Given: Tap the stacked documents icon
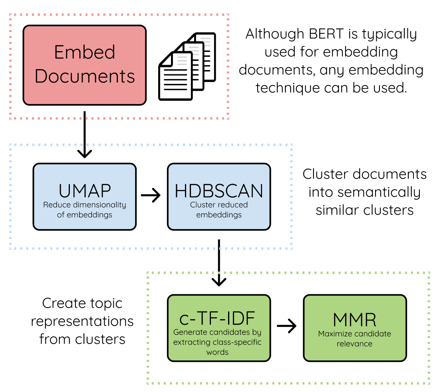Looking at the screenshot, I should [188, 66].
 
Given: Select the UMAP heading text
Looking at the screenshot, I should [84, 191].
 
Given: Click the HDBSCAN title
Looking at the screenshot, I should [219, 191].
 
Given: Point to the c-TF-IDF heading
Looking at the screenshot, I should [217, 319].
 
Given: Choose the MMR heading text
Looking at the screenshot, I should [354, 320].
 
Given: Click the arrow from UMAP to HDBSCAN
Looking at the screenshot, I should [151, 195].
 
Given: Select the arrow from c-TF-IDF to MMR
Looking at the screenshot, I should [287, 326].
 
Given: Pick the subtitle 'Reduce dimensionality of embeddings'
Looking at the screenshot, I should [84, 210].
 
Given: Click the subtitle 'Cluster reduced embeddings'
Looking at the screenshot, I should [219, 210].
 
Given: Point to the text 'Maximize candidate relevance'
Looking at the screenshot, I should [354, 338].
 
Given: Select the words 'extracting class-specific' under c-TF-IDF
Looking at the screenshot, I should [217, 342].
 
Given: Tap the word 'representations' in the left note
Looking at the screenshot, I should [82, 321].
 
